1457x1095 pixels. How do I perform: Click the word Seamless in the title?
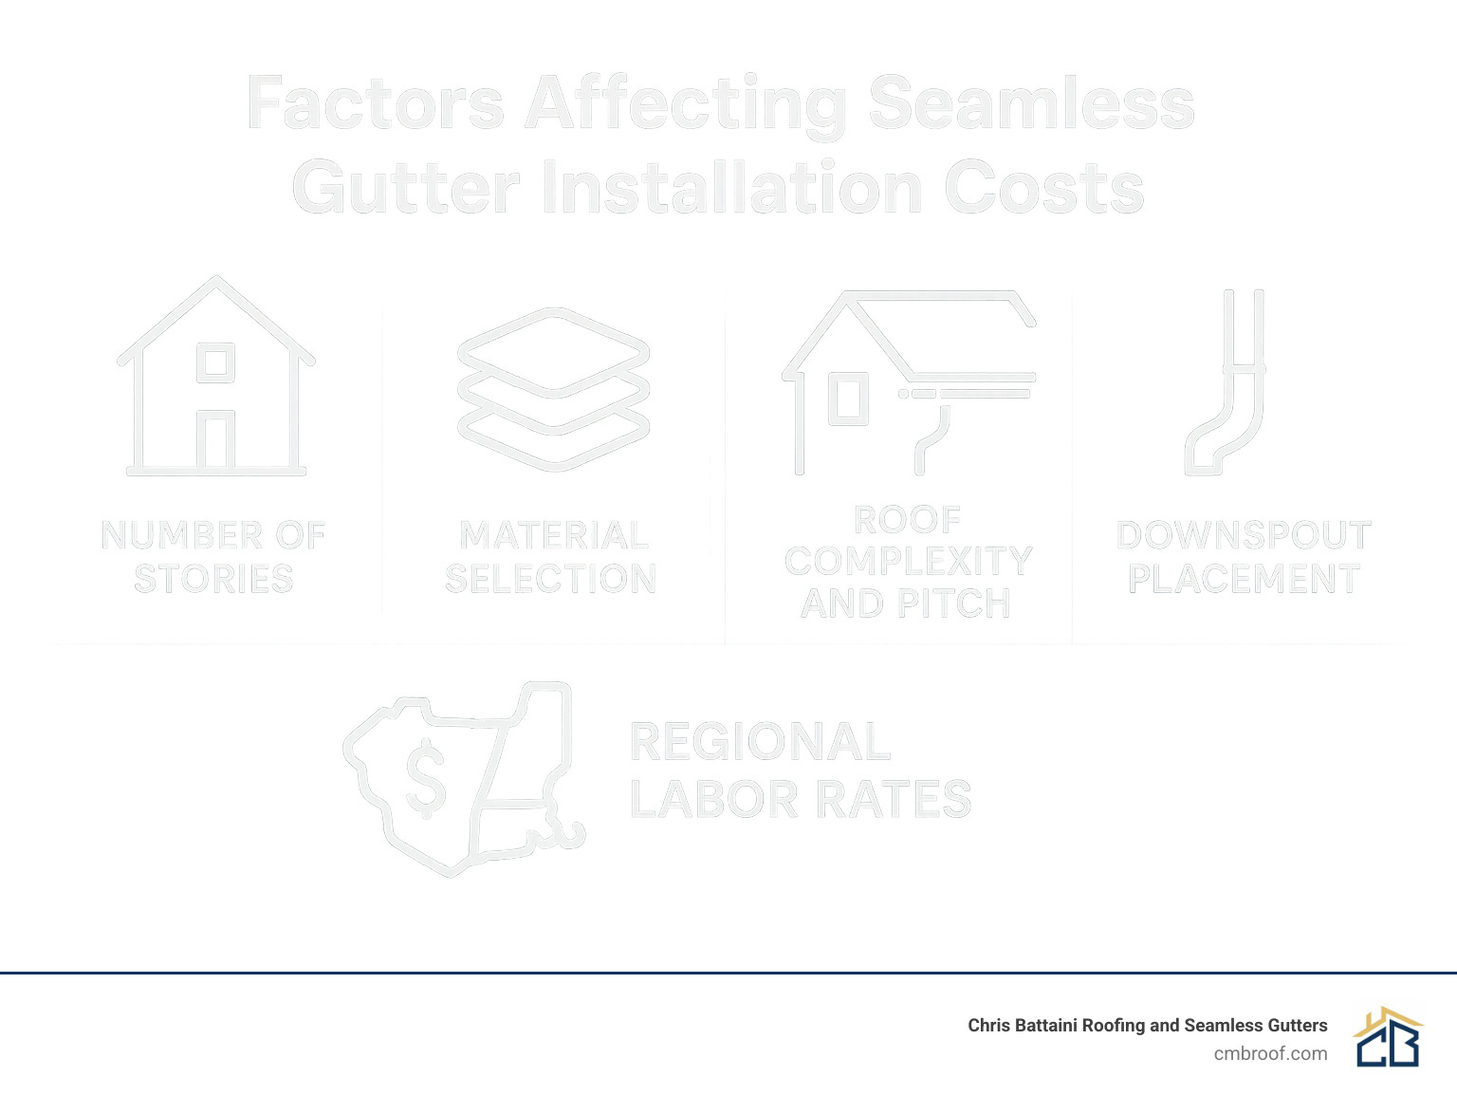point(1031,104)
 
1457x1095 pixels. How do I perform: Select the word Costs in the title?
point(1044,188)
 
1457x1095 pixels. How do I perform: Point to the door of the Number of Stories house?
point(216,440)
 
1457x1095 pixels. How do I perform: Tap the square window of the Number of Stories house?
point(216,362)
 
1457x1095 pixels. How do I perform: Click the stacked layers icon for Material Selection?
point(553,389)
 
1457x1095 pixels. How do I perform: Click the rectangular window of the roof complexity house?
point(848,399)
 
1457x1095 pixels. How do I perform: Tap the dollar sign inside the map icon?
point(426,780)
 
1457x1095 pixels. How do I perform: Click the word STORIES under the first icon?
point(214,579)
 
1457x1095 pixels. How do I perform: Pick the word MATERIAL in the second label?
point(554,536)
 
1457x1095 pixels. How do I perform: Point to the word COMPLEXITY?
point(908,562)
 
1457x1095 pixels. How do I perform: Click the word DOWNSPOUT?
point(1244,536)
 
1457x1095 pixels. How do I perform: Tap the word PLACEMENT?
point(1244,579)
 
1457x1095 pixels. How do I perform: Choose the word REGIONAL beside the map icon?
point(760,742)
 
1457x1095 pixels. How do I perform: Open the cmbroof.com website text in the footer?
point(1270,1053)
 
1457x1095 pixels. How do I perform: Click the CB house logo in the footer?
point(1388,1037)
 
